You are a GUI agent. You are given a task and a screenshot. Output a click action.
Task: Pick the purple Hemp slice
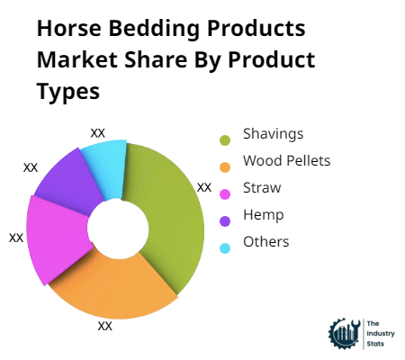pos(70,180)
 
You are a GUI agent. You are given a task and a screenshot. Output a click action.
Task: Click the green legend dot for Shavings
pos(225,139)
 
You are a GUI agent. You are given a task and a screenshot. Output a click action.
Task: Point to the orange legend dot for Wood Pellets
pos(225,166)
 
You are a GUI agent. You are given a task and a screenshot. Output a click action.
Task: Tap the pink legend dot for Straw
pos(225,193)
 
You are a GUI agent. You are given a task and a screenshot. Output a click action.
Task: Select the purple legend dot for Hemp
pos(225,219)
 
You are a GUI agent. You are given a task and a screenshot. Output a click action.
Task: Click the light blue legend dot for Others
pos(225,246)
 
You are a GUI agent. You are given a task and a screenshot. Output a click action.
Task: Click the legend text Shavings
pos(273,135)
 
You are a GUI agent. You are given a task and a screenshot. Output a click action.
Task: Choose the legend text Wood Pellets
pos(286,161)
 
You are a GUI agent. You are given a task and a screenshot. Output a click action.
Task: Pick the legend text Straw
pos(262,188)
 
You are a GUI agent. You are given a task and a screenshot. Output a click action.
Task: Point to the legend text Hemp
pos(263,215)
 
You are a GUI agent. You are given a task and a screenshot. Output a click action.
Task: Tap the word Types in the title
pos(67,93)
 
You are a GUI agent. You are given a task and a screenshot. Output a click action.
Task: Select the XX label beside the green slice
pos(204,187)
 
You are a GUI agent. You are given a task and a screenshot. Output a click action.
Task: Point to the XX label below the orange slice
pos(105,326)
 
